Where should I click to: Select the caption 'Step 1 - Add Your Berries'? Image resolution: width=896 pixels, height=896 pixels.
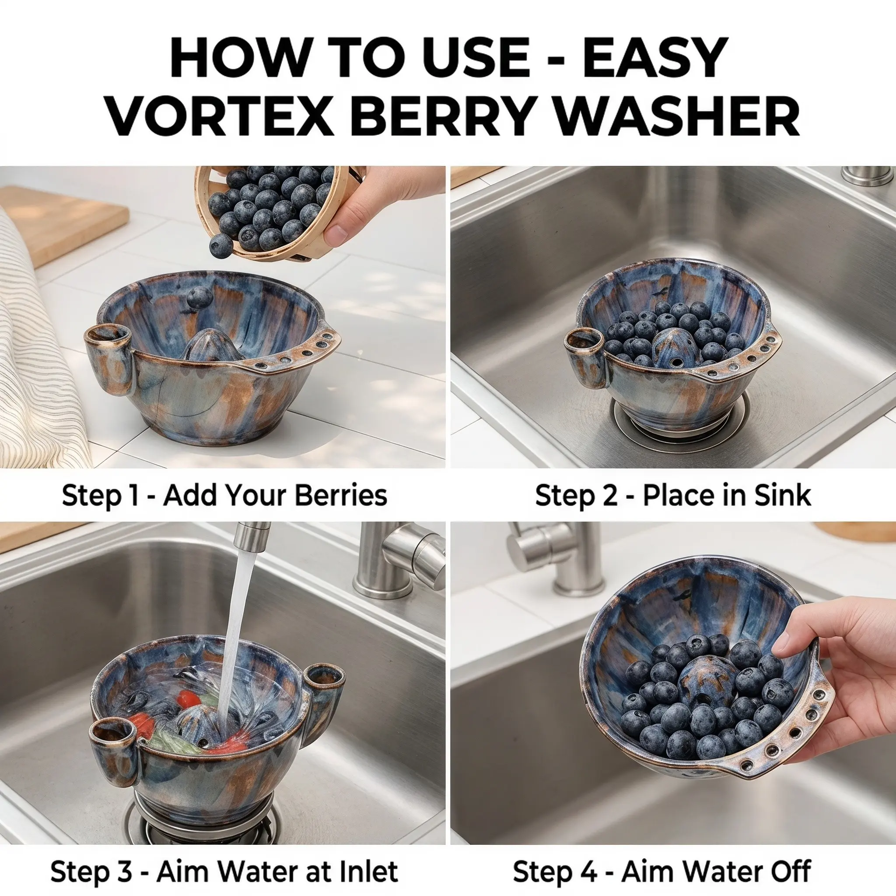point(224,496)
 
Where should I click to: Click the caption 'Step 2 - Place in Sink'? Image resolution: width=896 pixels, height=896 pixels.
point(673,496)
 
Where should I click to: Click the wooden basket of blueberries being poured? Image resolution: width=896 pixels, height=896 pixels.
point(269,211)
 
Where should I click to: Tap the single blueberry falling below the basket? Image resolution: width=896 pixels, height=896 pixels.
point(220,245)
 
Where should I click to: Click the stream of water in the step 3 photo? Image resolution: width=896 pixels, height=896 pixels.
point(232,640)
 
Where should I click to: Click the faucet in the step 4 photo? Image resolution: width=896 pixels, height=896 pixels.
point(556,556)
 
